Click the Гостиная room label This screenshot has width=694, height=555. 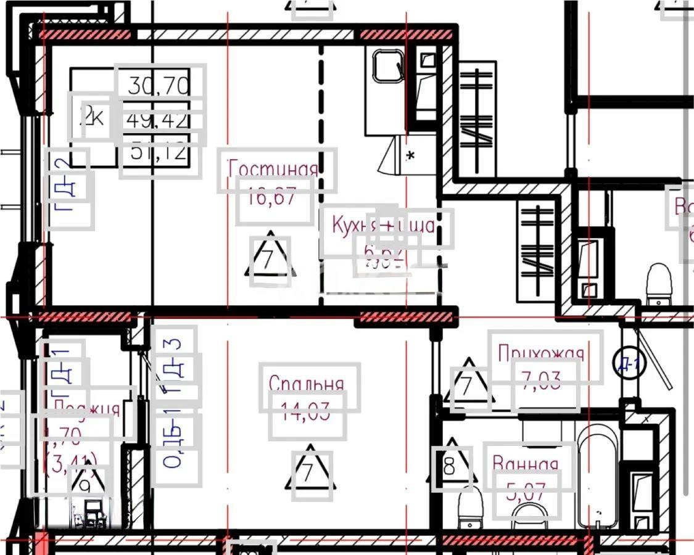point(273,169)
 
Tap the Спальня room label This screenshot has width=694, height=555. point(306,384)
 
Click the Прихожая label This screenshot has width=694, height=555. point(540,353)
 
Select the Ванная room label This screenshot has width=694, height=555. point(526,464)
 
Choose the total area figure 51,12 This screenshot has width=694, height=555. point(159,152)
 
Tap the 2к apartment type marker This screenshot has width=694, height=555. point(92,116)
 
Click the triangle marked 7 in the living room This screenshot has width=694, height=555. point(270,259)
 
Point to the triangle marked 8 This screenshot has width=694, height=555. point(452,466)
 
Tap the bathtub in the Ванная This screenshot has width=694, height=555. point(598,475)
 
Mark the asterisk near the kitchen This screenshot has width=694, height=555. point(410,155)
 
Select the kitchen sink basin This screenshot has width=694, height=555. point(388,67)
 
